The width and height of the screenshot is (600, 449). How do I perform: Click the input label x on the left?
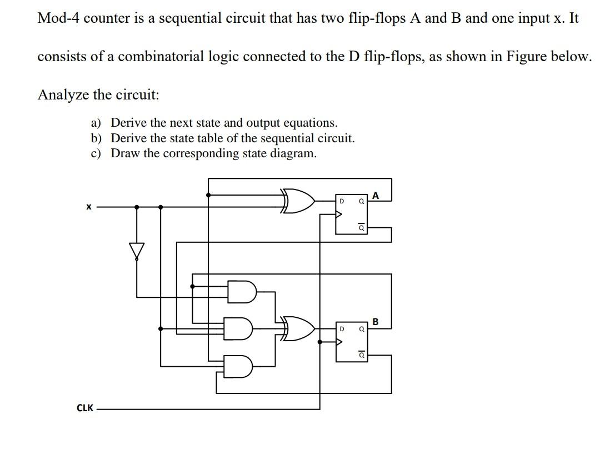(x=87, y=207)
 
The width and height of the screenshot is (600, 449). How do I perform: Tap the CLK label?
(x=85, y=408)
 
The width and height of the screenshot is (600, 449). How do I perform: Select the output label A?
(x=376, y=195)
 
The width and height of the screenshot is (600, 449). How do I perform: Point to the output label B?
(x=376, y=321)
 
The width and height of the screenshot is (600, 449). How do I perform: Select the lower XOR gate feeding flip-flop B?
(x=298, y=328)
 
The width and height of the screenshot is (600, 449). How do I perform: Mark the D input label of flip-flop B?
(x=342, y=328)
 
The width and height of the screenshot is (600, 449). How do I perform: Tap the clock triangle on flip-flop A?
(x=339, y=215)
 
